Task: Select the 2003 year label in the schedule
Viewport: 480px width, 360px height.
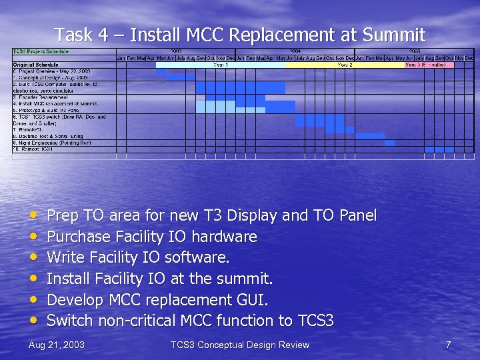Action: coord(176,51)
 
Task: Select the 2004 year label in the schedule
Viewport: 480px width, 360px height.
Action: coord(295,51)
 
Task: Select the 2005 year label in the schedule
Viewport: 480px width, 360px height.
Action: coord(414,51)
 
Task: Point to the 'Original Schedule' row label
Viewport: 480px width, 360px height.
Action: coord(33,65)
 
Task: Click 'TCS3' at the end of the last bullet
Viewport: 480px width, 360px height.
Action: coord(315,321)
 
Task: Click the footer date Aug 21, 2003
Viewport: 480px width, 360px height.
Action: coord(57,345)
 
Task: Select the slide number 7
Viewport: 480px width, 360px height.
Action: coord(449,345)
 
